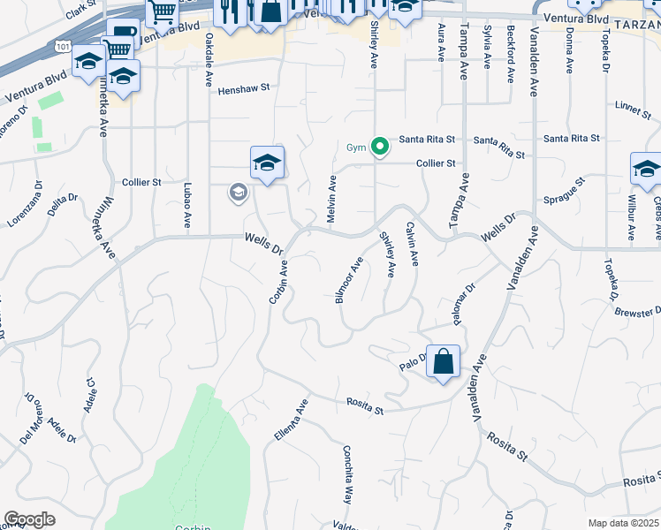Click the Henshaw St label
243,89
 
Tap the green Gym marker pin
380,146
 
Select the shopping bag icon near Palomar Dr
443,361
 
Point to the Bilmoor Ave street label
349,281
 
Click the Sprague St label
565,192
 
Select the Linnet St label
633,106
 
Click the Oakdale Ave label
209,57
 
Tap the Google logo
29,519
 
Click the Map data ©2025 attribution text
624,523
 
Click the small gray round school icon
238,192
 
